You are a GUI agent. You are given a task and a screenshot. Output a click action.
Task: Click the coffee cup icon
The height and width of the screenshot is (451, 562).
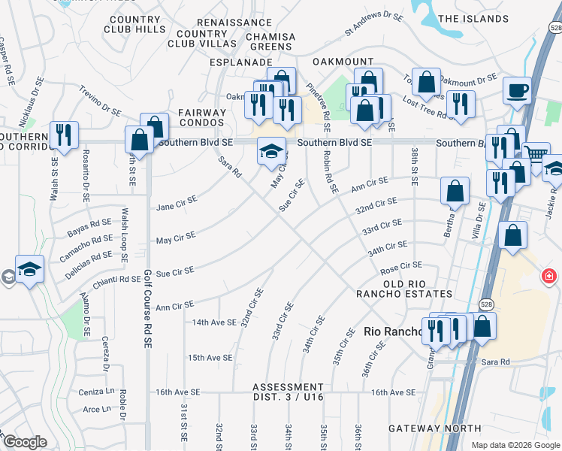[x=517, y=91]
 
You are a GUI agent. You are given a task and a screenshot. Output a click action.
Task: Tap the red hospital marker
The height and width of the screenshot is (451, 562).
[x=554, y=277]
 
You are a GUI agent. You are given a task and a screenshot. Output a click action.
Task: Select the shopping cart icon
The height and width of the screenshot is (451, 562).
[x=535, y=156]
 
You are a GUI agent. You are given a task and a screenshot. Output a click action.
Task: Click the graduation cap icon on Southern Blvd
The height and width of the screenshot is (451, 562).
[x=271, y=151]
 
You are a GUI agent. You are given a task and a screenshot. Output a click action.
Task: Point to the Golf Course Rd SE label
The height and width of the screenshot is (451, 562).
[x=148, y=309]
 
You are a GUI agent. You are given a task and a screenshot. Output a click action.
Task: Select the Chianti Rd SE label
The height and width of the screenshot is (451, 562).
[x=116, y=280]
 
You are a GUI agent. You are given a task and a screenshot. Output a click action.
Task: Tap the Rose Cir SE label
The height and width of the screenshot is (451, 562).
[x=401, y=266]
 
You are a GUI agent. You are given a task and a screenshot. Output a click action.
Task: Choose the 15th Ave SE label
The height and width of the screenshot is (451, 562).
[x=210, y=358]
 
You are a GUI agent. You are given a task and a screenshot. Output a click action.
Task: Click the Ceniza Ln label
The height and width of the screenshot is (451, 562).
[x=97, y=392]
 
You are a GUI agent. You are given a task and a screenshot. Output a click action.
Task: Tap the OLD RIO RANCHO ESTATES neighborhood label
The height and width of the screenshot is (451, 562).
[x=407, y=288]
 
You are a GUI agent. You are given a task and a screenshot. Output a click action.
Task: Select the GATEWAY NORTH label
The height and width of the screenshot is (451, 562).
[x=425, y=428]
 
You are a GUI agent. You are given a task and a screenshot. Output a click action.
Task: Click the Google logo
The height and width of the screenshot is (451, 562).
[x=25, y=442]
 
